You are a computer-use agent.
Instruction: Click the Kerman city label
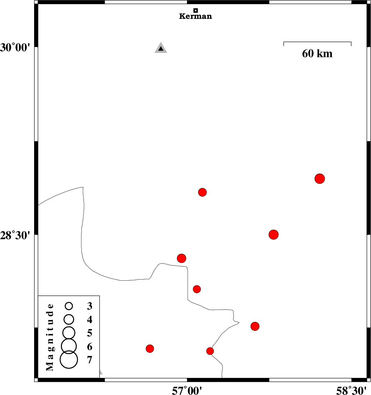[195, 16]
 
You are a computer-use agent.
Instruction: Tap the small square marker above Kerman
[196, 10]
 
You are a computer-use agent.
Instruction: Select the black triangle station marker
[161, 48]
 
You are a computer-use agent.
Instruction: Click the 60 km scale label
[317, 54]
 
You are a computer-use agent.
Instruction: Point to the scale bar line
[317, 42]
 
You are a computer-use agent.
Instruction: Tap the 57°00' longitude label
[187, 391]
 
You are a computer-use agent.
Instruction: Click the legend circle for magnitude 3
[69, 306]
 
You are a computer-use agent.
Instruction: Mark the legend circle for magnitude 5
[69, 332]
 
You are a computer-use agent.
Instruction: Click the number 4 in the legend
[90, 319]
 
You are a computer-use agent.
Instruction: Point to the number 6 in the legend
[90, 347]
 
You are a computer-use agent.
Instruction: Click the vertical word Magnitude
[50, 337]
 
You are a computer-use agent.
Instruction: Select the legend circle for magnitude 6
[69, 345]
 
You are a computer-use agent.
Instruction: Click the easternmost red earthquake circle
[319, 179]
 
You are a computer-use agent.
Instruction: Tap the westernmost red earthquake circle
[150, 348]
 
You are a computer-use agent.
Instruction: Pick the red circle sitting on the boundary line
[210, 351]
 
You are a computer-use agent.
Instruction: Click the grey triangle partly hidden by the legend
[101, 372]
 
